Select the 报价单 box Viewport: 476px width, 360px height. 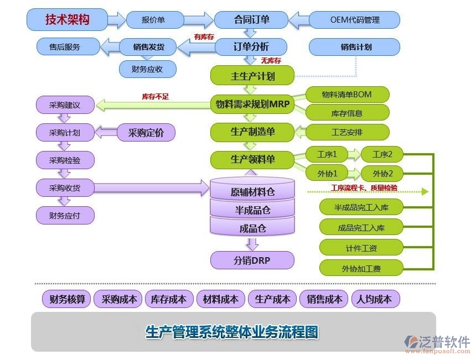coord(153,20)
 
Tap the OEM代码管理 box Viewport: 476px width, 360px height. coord(355,20)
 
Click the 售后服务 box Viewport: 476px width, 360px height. coord(65,47)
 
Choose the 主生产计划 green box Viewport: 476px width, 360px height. coord(252,76)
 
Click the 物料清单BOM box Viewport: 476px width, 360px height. coord(347,94)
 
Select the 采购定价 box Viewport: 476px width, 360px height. coord(146,133)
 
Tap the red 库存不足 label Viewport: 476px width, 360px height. coord(156,97)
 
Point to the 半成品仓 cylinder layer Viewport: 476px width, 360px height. coord(252,210)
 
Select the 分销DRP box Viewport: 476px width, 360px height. coord(252,260)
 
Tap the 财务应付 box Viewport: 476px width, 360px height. coord(65,215)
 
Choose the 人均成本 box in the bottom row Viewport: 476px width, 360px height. coord(374,299)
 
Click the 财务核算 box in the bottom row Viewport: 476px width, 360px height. coord(67,299)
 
